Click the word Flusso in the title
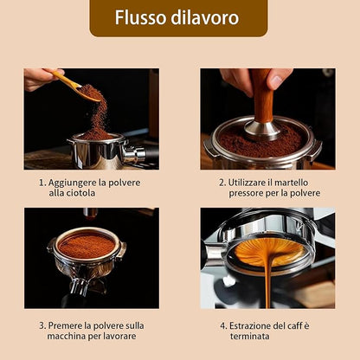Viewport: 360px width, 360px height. pos(141,17)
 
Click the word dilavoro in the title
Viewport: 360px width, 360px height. pos(205,17)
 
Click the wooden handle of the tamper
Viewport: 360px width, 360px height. pos(262,95)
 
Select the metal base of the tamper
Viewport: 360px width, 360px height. pos(262,131)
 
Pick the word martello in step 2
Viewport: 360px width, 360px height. pos(291,183)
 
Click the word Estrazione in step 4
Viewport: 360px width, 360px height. pos(250,326)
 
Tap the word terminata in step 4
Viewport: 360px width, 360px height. pos(250,337)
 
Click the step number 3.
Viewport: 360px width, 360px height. pos(42,326)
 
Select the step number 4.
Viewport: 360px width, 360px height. pos(223,326)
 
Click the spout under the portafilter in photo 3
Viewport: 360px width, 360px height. pos(79,286)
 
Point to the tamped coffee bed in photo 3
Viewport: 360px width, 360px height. pos(87,246)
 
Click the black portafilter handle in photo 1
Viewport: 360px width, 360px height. pos(152,154)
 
